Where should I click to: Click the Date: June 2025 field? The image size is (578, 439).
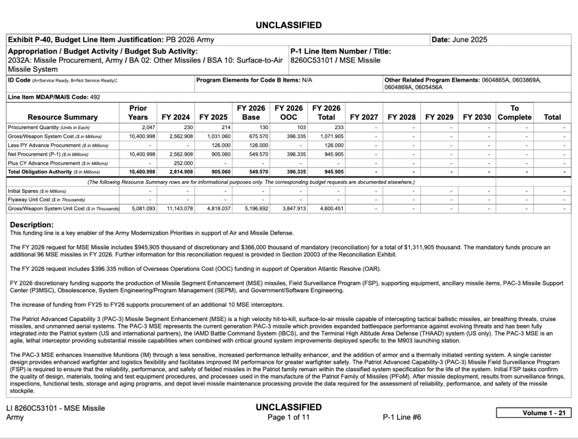tap(459, 39)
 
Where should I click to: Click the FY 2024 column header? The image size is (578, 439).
tap(176, 117)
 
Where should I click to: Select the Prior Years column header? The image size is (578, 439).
tap(138, 113)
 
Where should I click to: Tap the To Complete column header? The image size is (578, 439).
tap(514, 113)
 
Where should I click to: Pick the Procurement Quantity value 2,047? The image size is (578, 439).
tap(139, 128)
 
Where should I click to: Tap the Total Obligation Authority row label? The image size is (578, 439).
tap(47, 172)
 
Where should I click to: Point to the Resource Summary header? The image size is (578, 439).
tap(63, 117)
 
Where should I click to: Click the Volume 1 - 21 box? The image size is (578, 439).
tap(535, 412)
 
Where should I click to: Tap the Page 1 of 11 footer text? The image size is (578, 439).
tap(288, 418)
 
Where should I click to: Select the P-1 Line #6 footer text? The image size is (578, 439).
tap(401, 418)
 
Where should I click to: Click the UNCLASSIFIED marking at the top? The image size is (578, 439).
tap(288, 25)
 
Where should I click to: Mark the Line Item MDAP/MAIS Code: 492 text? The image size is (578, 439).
tap(54, 97)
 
